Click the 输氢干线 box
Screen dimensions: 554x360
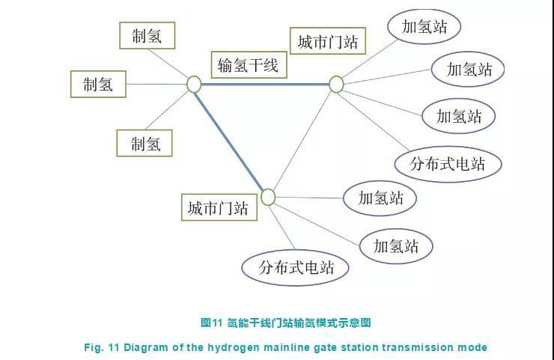(249, 64)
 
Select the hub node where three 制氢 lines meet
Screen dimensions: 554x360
(194, 85)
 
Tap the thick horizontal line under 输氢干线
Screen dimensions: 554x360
(265, 85)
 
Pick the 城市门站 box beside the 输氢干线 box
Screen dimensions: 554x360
(327, 40)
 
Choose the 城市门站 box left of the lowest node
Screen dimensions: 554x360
(219, 207)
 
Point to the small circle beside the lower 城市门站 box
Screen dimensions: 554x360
(268, 197)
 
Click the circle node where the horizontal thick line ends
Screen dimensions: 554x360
(336, 85)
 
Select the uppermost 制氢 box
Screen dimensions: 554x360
(147, 35)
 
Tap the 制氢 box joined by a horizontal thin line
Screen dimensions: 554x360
(98, 84)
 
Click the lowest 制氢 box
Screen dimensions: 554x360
(144, 143)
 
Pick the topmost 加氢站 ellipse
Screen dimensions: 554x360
(424, 26)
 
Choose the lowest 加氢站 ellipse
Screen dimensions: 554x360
(396, 246)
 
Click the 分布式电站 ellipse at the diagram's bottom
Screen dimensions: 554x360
(296, 267)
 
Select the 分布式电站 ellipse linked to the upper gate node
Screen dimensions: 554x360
(448, 164)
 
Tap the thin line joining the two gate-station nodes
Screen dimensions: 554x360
(302, 141)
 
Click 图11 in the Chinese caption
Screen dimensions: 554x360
(211, 323)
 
